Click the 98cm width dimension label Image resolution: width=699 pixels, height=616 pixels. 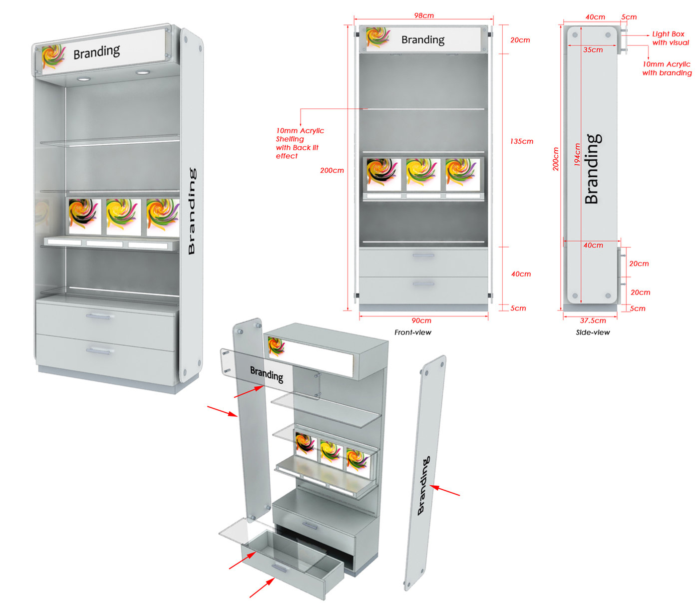[x=424, y=15]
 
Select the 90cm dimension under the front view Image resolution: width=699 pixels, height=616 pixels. [x=421, y=320]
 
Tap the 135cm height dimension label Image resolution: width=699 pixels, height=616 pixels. [x=522, y=141]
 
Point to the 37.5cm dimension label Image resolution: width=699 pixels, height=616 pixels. [x=593, y=320]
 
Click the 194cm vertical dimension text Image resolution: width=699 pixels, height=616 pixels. [x=577, y=155]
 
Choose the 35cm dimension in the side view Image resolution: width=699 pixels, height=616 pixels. [x=593, y=49]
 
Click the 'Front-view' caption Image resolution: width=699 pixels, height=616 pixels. [x=412, y=332]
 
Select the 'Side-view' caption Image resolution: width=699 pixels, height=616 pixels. [x=593, y=332]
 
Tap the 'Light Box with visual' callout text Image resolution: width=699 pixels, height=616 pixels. [x=671, y=38]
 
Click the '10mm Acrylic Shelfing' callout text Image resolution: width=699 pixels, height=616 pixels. [x=300, y=135]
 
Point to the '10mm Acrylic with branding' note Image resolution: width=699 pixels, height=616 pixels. [x=667, y=68]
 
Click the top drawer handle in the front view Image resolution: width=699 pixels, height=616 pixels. [x=423, y=255]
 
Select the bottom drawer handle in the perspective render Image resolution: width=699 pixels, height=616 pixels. [x=98, y=351]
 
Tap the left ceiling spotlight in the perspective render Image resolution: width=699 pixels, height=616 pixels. [x=83, y=79]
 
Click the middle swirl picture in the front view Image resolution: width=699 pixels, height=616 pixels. [x=423, y=174]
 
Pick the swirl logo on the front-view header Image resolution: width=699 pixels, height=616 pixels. [x=378, y=37]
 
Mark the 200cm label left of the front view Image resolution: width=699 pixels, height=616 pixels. [x=332, y=170]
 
